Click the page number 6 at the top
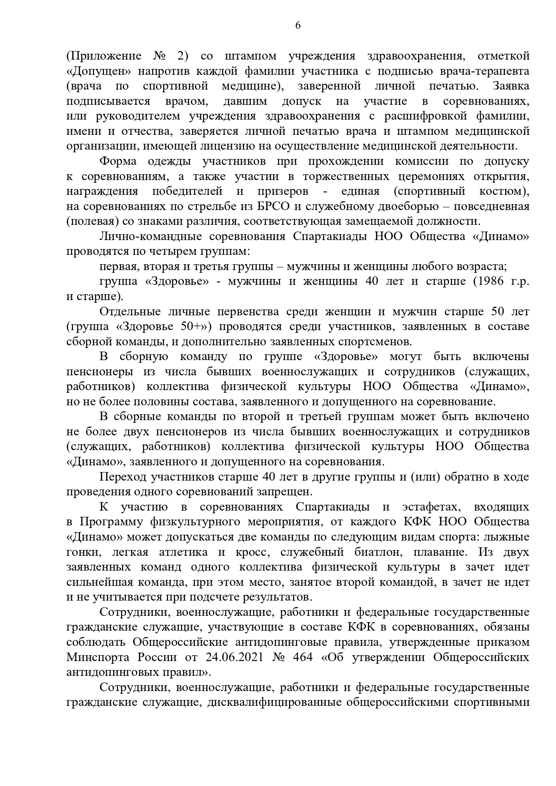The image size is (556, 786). pos(298,26)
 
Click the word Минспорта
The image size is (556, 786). pos(93,657)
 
